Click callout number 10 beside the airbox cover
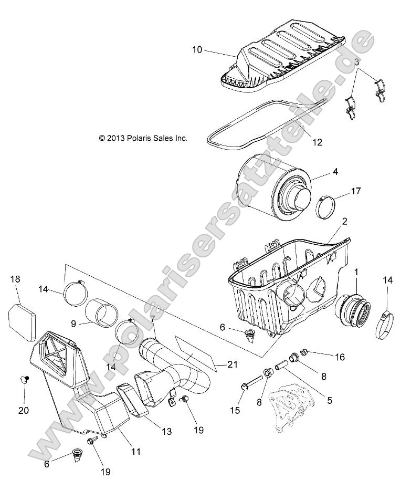197,50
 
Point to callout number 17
355,191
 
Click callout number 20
24,410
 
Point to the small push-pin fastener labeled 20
24,380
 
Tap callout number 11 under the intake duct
135,451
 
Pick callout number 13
166,431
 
